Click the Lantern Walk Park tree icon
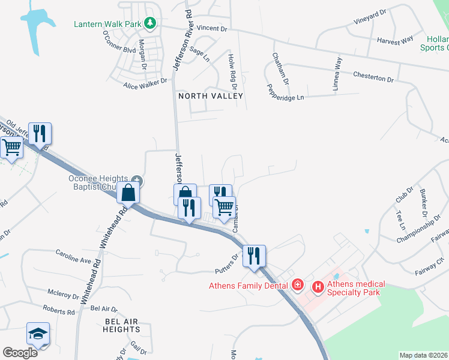[x=149, y=23]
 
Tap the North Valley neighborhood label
[x=210, y=96]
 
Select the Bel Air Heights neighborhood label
[x=122, y=325]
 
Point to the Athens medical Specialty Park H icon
[x=318, y=289]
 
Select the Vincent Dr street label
[x=212, y=28]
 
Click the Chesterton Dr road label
[x=373, y=79]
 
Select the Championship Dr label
[x=418, y=231]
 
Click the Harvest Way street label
[x=395, y=40]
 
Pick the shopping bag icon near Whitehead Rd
[x=129, y=193]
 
